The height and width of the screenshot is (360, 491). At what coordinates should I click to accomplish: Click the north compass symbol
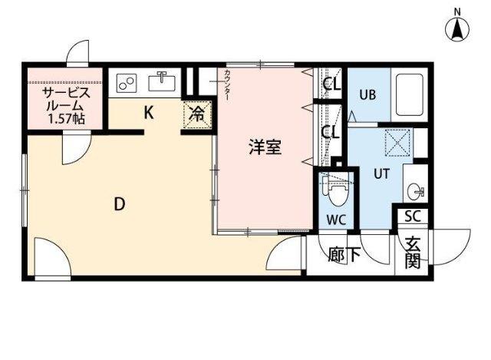[x=458, y=28]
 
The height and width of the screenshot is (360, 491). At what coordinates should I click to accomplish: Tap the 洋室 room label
[x=265, y=147]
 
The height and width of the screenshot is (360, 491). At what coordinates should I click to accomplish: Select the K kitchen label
[x=149, y=113]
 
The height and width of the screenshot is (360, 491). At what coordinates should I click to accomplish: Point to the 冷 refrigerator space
[x=196, y=115]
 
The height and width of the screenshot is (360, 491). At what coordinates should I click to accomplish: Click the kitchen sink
[x=163, y=81]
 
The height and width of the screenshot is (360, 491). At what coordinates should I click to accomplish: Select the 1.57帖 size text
[x=66, y=119]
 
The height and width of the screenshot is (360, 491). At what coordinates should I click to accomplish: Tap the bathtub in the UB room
[x=411, y=94]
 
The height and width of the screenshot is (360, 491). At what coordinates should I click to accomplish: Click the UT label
[x=381, y=173]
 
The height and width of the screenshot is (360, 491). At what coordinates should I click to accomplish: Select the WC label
[x=337, y=220]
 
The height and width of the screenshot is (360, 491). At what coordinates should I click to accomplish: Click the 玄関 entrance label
[x=413, y=253]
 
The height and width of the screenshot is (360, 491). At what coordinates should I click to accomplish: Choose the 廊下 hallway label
[x=343, y=254]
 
